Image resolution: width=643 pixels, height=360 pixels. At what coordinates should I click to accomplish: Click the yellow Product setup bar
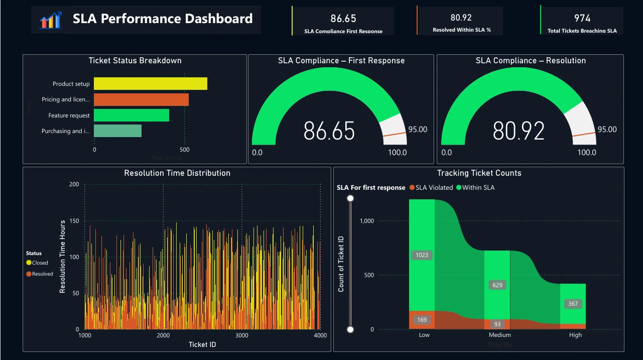coord(151,84)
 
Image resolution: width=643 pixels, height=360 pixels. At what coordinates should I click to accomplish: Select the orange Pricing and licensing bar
coord(141,100)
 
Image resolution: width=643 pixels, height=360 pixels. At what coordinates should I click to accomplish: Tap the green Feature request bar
coord(132,115)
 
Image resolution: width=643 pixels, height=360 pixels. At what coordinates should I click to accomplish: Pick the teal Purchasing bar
coord(117,131)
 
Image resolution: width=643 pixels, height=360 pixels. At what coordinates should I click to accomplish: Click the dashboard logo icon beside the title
coord(50,20)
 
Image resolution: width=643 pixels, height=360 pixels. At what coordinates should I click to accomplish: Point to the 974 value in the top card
coord(582,19)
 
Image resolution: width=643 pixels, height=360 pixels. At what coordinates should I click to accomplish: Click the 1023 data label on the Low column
coord(422,255)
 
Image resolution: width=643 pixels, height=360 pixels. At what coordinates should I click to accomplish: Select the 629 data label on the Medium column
coord(497,285)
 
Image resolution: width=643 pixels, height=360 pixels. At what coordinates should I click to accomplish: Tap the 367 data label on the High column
coord(573,304)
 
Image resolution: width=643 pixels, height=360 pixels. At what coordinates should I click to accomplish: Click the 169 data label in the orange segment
coord(422,320)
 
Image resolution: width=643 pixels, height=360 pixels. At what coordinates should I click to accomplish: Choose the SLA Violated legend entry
coord(431,188)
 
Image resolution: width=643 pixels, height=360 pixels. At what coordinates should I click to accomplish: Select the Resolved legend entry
coord(40,274)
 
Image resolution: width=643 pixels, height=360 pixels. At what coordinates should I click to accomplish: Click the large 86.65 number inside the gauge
coord(329,131)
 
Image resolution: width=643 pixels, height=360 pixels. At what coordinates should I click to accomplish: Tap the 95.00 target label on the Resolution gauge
coord(607,130)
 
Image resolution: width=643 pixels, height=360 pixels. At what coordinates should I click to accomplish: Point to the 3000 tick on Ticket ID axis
coord(242,335)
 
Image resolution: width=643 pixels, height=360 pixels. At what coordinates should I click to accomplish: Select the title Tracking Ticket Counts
coord(479,173)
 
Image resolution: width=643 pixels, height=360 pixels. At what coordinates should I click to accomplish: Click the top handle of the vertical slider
coord(350,199)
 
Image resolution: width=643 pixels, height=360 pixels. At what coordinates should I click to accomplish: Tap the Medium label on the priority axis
coord(499,335)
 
